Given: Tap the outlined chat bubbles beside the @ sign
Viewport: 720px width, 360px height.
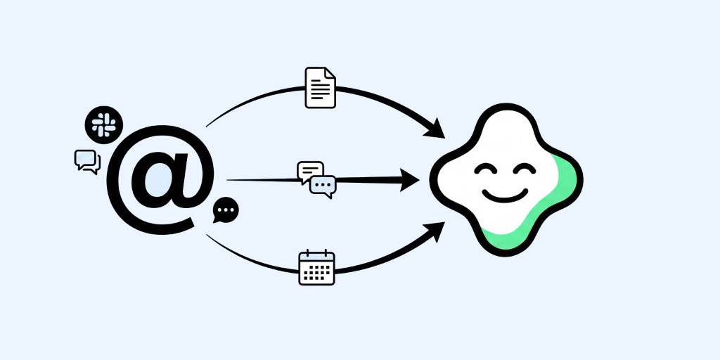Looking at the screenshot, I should pyautogui.click(x=87, y=162).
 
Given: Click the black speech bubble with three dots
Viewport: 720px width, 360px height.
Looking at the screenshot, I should pyautogui.click(x=226, y=210).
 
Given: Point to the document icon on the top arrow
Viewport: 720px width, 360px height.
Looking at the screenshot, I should pyautogui.click(x=320, y=88).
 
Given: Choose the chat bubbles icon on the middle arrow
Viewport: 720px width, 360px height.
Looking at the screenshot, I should pyautogui.click(x=317, y=178).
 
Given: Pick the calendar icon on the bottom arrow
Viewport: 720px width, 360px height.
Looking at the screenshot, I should pyautogui.click(x=317, y=268).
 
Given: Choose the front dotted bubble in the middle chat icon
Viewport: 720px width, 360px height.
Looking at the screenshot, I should pyautogui.click(x=323, y=185).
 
